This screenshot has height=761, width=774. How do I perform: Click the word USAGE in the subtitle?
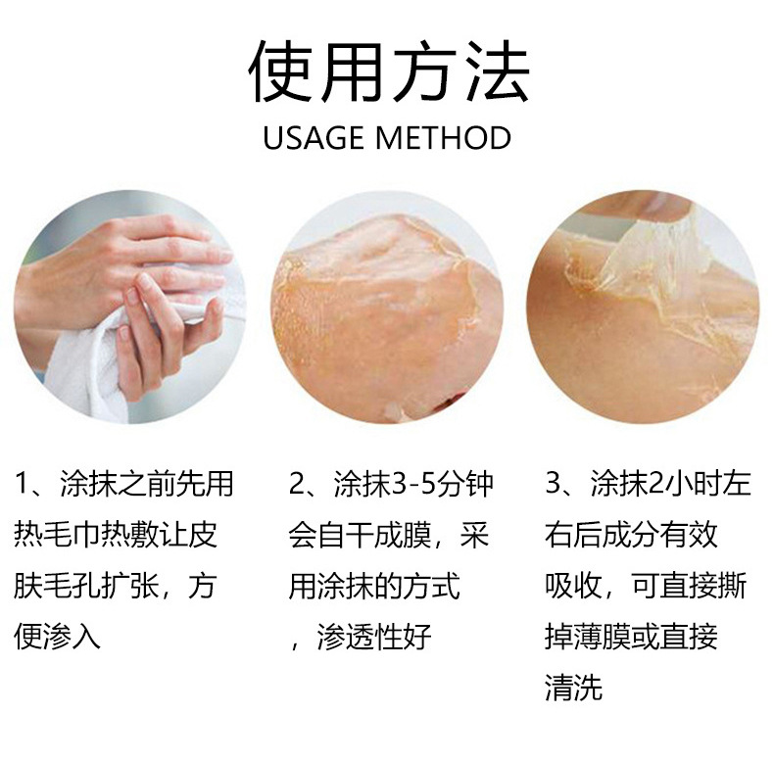[x=314, y=138]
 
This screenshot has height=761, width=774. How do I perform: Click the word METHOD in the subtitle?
[x=443, y=138]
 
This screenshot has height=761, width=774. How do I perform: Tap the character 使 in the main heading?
[x=280, y=71]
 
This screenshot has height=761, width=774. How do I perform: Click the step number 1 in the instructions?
[x=23, y=483]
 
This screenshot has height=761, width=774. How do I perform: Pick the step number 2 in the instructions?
[x=298, y=483]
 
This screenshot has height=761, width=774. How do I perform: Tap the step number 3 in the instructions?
[x=554, y=483]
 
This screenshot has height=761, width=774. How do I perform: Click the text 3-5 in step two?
[x=412, y=484]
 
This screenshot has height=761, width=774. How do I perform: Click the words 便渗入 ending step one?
[x=57, y=637]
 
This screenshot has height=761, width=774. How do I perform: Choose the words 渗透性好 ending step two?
[x=374, y=637]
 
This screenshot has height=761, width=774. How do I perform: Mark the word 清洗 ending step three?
[x=573, y=687]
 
